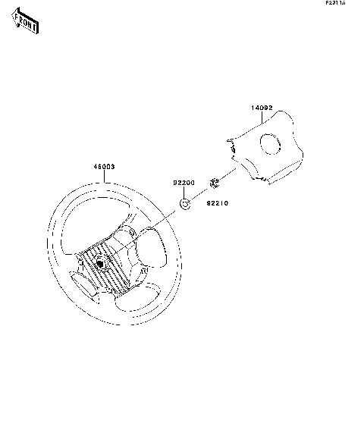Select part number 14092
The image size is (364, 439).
[262, 108]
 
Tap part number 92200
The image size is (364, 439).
[184, 183]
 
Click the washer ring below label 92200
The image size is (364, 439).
[184, 202]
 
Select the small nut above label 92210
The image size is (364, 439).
[214, 182]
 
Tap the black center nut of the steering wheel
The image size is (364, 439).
[101, 263]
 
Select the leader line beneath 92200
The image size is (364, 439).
[184, 192]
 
